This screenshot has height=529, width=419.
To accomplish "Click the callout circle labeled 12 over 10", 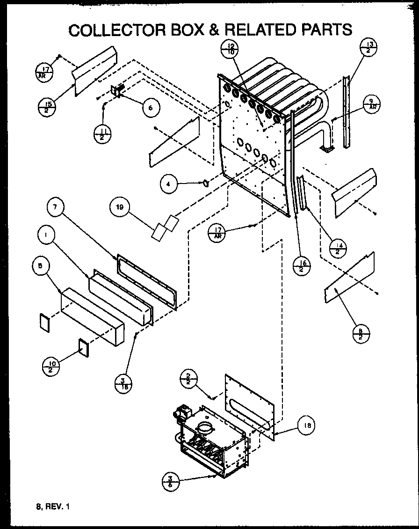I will click(230, 48).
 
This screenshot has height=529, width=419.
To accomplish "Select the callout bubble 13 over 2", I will click(368, 48).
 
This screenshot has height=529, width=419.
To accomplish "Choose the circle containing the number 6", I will click(150, 107).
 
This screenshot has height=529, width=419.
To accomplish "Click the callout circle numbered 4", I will click(169, 184).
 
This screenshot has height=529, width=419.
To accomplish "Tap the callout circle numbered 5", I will click(41, 265).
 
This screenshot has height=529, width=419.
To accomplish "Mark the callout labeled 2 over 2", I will click(188, 378).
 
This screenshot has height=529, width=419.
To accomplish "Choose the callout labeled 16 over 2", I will click(301, 267).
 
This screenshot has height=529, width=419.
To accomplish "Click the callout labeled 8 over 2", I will click(361, 335).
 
